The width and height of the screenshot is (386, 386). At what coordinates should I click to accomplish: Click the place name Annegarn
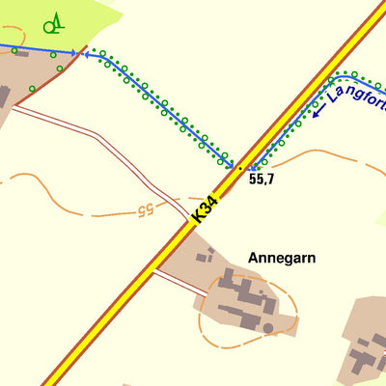tap(282, 259)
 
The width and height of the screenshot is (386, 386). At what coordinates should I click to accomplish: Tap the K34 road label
tap(206, 210)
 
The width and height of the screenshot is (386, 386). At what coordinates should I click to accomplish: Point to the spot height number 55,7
tap(262, 179)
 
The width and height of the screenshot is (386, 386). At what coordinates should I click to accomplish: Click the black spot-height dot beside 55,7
tap(240, 168)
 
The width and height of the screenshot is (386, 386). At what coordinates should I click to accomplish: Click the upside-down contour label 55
tap(145, 207)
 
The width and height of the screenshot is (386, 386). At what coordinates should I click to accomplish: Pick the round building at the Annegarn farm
tap(266, 329)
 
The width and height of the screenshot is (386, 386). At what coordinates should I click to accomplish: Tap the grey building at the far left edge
tap(4, 96)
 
